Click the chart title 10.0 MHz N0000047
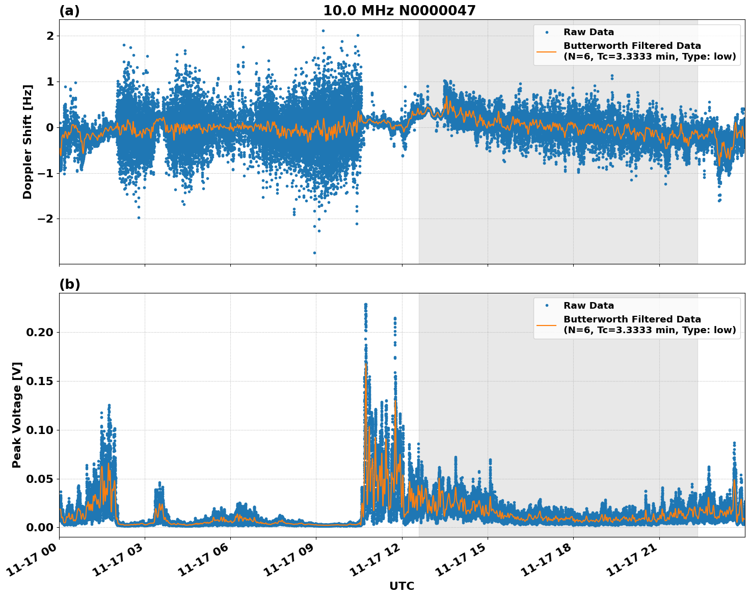click(x=399, y=11)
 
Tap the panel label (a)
click(x=69, y=11)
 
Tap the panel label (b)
click(x=69, y=284)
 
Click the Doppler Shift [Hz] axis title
click(x=28, y=142)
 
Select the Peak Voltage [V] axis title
click(x=17, y=415)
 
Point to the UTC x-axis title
click(x=401, y=586)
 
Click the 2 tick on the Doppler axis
click(x=50, y=36)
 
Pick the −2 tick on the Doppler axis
click(x=46, y=219)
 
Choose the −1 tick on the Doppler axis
click(x=46, y=173)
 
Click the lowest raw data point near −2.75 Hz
click(x=314, y=253)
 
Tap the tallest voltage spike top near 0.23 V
click(x=365, y=305)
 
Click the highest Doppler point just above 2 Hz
click(x=323, y=31)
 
